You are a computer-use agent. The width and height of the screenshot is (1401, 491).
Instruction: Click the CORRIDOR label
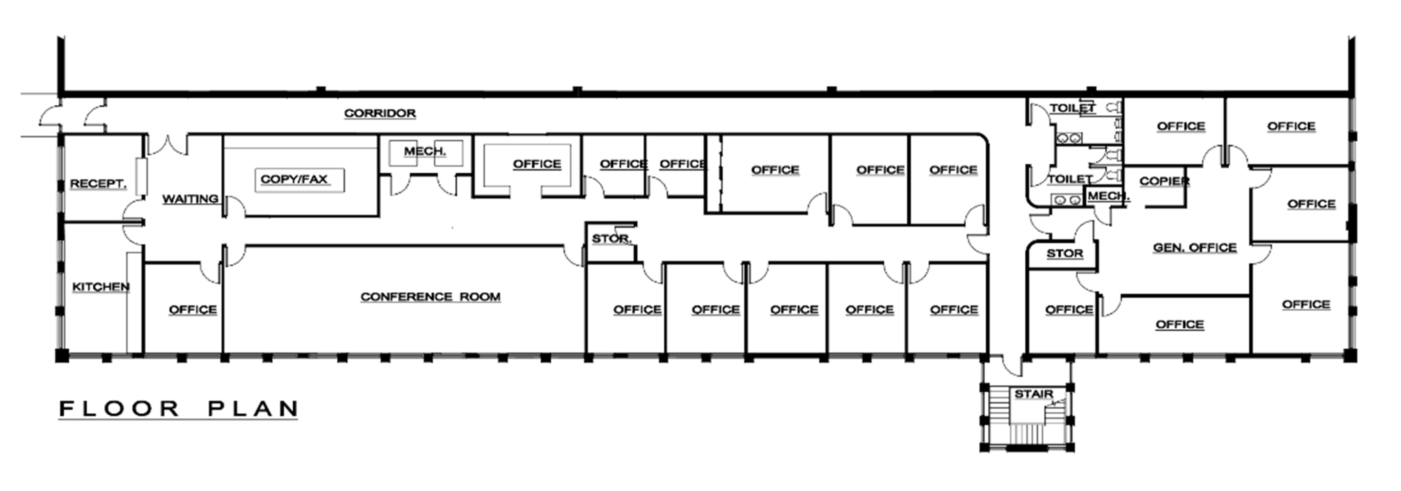(x=380, y=113)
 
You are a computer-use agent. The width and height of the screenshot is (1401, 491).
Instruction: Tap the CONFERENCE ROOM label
(x=430, y=297)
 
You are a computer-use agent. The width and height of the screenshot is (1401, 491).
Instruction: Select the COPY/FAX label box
(x=300, y=180)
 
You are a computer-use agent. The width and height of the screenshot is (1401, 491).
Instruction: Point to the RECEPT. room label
(x=98, y=184)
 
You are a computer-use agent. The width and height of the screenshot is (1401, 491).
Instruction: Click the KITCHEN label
(x=101, y=287)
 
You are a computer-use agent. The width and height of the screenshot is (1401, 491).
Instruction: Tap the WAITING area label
(x=190, y=199)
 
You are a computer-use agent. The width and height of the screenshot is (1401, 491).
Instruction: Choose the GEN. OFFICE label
(x=1195, y=248)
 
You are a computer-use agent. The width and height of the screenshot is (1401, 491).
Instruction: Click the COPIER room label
(x=1164, y=181)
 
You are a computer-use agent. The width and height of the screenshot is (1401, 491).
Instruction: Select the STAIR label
(x=1034, y=394)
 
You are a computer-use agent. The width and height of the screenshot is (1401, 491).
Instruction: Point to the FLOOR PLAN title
(x=179, y=409)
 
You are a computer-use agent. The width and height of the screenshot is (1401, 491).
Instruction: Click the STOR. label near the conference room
(x=611, y=238)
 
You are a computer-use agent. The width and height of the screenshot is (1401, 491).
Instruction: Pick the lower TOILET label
(x=1070, y=179)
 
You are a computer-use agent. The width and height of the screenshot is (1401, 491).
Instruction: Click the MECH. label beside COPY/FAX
(x=425, y=151)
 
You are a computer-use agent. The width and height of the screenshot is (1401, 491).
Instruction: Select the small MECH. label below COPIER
(x=1108, y=196)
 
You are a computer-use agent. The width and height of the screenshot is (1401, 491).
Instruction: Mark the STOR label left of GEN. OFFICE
(x=1064, y=254)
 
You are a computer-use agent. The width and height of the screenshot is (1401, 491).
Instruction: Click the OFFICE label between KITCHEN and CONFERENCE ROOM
(x=193, y=310)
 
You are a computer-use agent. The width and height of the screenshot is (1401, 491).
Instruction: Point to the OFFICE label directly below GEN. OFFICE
(x=1179, y=324)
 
